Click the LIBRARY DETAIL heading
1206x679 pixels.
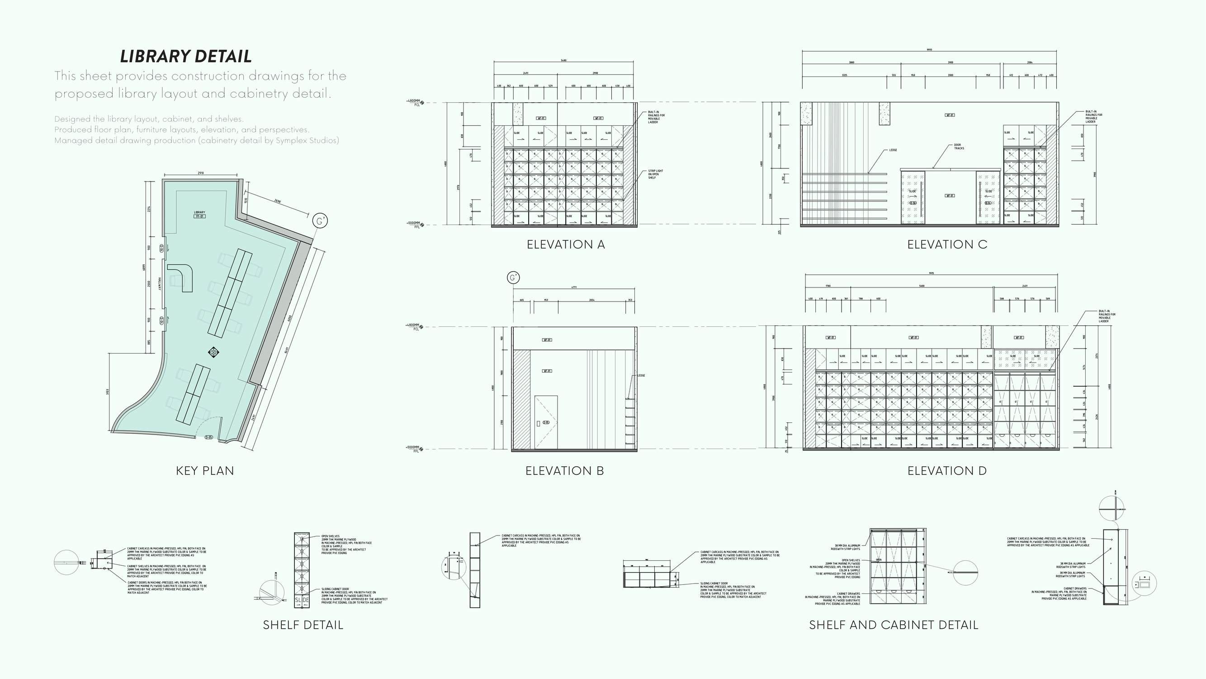[x=186, y=56]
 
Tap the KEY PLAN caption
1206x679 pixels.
[x=204, y=470]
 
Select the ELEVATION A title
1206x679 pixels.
[x=566, y=244]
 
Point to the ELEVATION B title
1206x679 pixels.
[x=564, y=470]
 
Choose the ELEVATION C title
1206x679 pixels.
[x=946, y=244]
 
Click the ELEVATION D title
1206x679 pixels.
[x=946, y=470]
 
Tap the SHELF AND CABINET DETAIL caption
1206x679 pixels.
[x=893, y=625]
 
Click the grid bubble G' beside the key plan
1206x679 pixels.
[x=320, y=221]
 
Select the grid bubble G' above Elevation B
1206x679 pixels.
[x=513, y=278]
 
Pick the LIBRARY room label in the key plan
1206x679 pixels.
[x=199, y=213]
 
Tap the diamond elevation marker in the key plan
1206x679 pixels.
[x=213, y=352]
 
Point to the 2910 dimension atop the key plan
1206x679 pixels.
[x=201, y=173]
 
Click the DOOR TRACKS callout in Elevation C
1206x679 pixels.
[x=958, y=147]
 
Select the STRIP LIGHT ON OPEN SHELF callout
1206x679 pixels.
[x=655, y=174]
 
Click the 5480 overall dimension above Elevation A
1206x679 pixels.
[x=564, y=61]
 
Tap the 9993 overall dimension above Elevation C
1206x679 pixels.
[x=929, y=50]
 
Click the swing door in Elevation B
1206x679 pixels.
[x=546, y=422]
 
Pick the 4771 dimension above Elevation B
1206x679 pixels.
[x=574, y=287]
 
